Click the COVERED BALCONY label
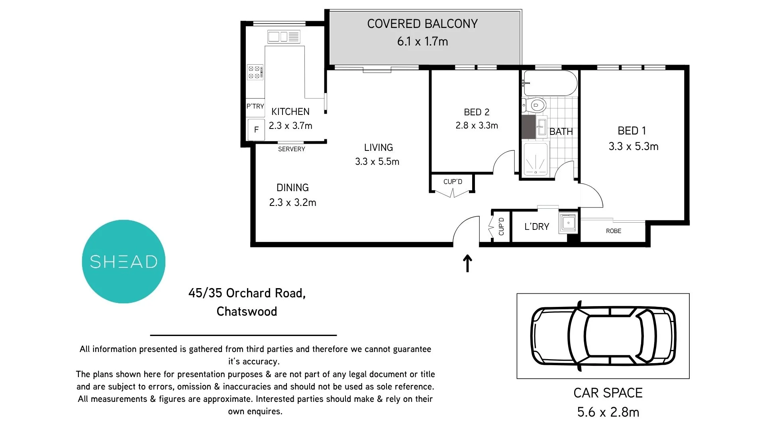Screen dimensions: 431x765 [x=422, y=24]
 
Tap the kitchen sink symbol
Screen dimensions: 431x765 [x=283, y=37]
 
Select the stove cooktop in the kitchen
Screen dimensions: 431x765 [x=255, y=72]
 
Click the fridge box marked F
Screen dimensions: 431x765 [x=256, y=129]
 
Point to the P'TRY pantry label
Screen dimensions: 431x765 [x=255, y=106]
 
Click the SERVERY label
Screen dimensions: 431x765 [x=291, y=149]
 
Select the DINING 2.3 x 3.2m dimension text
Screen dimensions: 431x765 [x=292, y=202]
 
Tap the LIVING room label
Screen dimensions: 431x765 [x=378, y=148]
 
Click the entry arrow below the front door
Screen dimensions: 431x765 [x=467, y=264]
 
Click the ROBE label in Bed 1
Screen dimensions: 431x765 [x=613, y=231]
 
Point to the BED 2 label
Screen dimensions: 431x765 [x=477, y=112]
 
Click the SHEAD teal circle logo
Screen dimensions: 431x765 [x=124, y=262]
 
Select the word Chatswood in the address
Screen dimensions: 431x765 [x=247, y=311]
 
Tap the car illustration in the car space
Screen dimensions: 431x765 [x=603, y=336]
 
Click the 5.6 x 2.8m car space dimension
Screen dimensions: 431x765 [x=608, y=412]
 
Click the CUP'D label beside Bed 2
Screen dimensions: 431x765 [x=453, y=182]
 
